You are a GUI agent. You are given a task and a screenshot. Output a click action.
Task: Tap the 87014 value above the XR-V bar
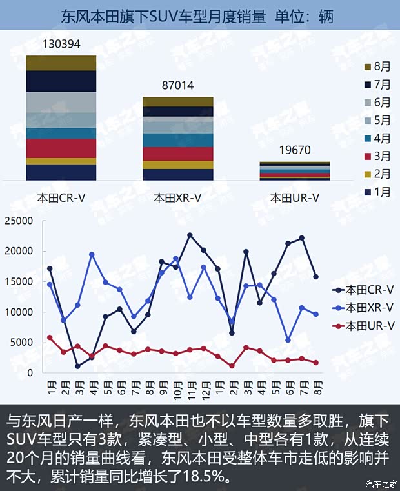click(177, 86)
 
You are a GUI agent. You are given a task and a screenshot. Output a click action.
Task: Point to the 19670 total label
click(295, 150)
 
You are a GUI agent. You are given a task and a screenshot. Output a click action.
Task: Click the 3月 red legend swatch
click(368, 156)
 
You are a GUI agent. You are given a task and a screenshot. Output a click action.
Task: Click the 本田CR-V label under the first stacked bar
click(61, 198)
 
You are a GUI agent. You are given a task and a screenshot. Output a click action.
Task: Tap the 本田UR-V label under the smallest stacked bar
click(294, 198)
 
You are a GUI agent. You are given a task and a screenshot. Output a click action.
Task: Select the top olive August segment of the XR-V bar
click(177, 102)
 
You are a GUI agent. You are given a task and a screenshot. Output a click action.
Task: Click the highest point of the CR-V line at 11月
click(190, 235)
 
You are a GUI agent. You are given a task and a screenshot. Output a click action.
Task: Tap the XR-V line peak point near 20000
click(92, 254)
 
